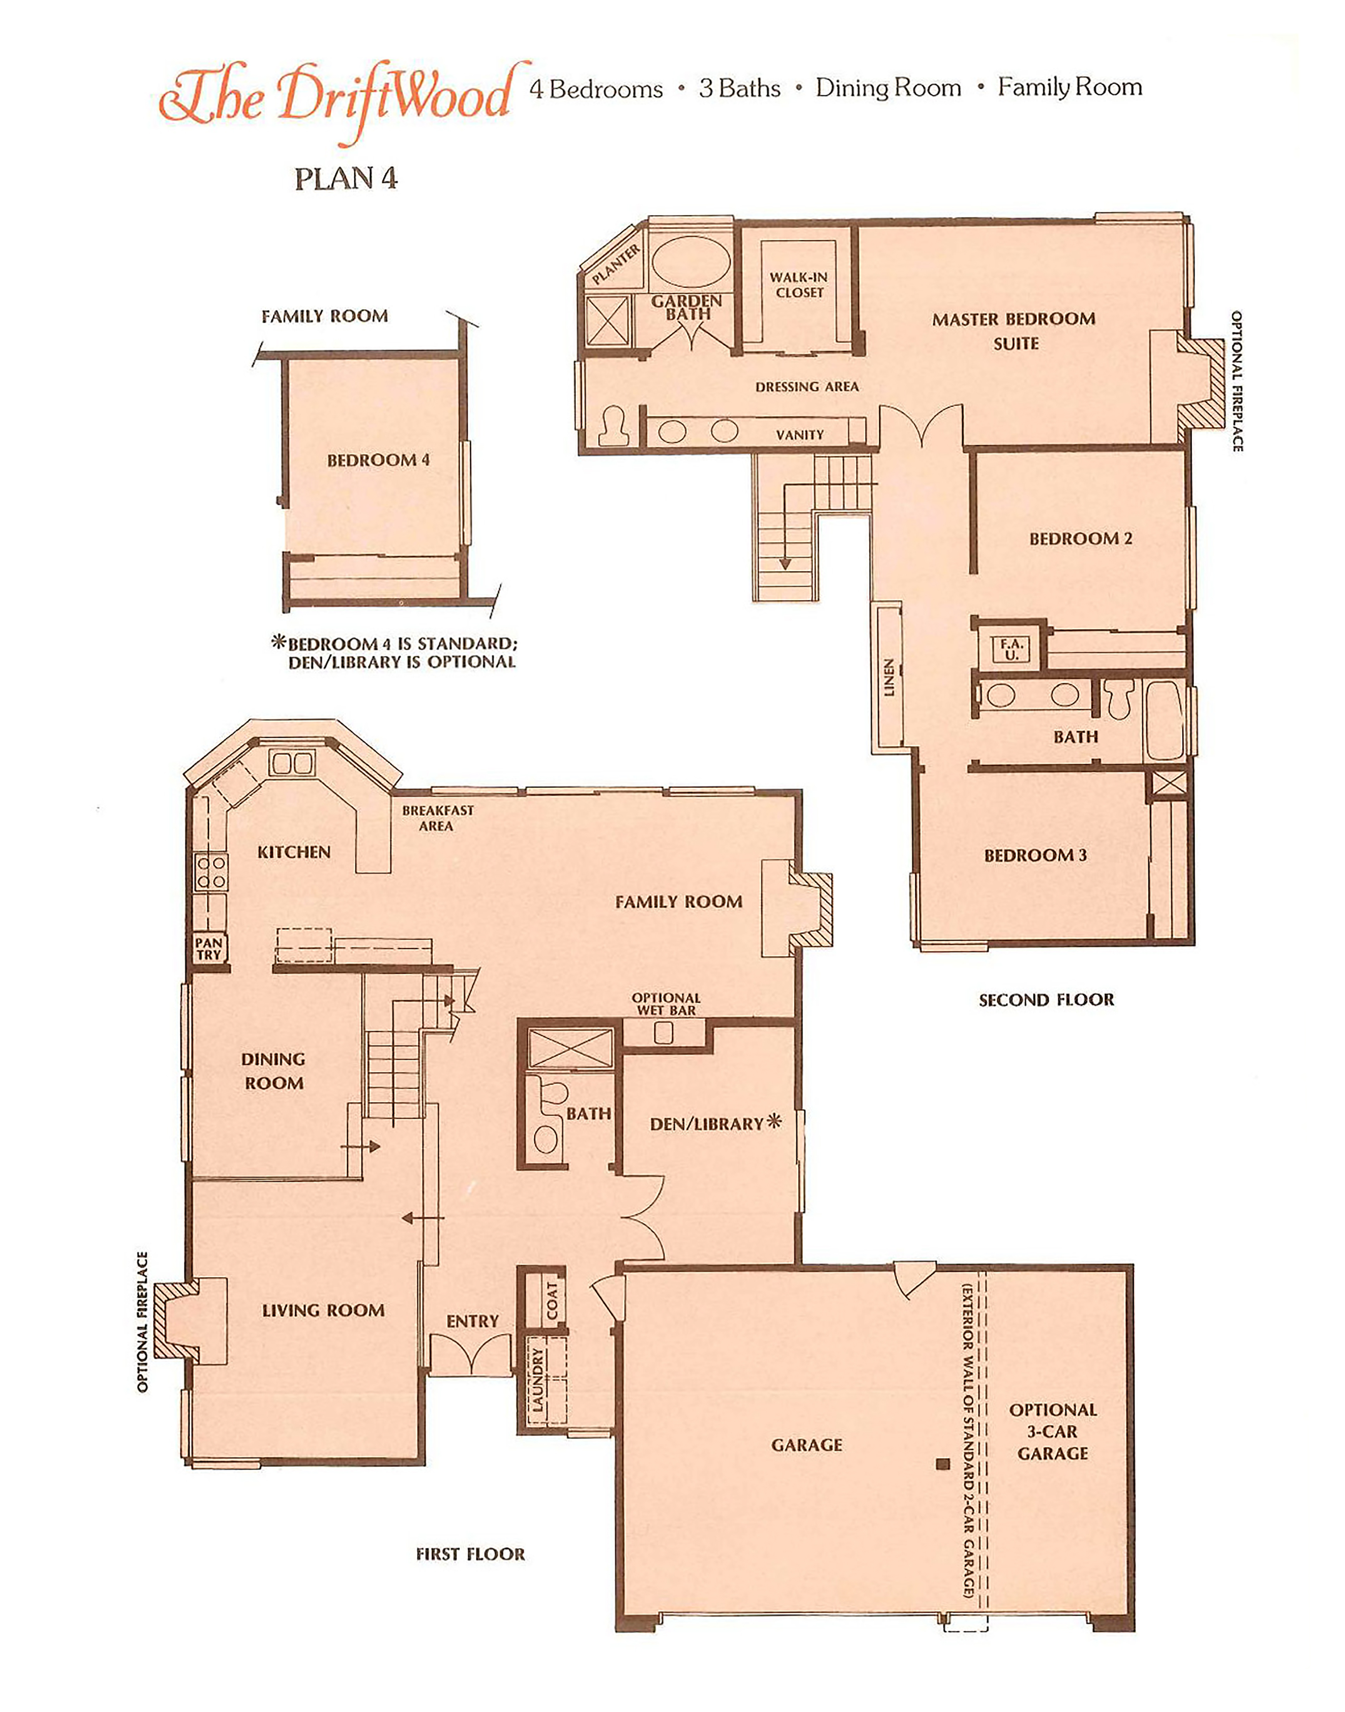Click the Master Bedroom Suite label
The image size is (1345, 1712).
point(1014,331)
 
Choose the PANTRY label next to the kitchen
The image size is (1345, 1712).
point(209,949)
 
